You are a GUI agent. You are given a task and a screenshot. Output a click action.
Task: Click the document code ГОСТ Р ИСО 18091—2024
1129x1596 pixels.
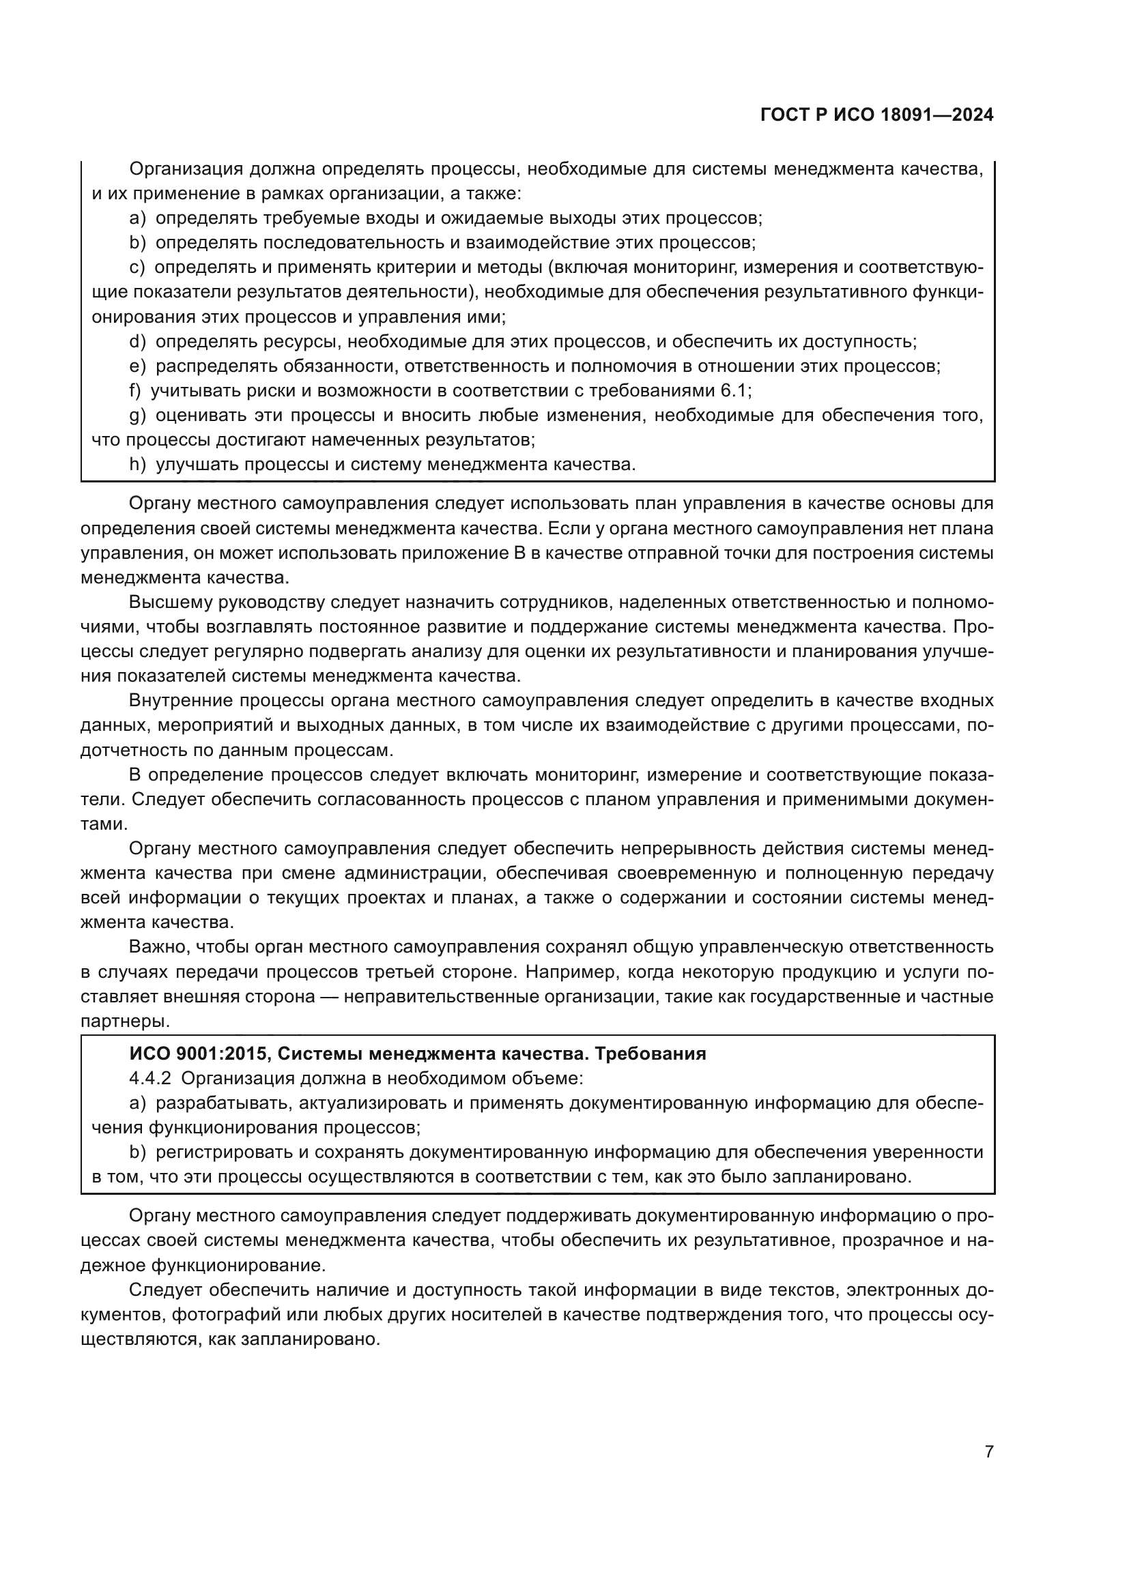click(x=877, y=115)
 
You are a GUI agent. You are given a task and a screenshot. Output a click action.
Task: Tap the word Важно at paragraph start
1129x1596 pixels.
click(x=157, y=947)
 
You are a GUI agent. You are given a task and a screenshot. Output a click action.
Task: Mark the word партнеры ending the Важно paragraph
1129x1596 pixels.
click(x=124, y=1021)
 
